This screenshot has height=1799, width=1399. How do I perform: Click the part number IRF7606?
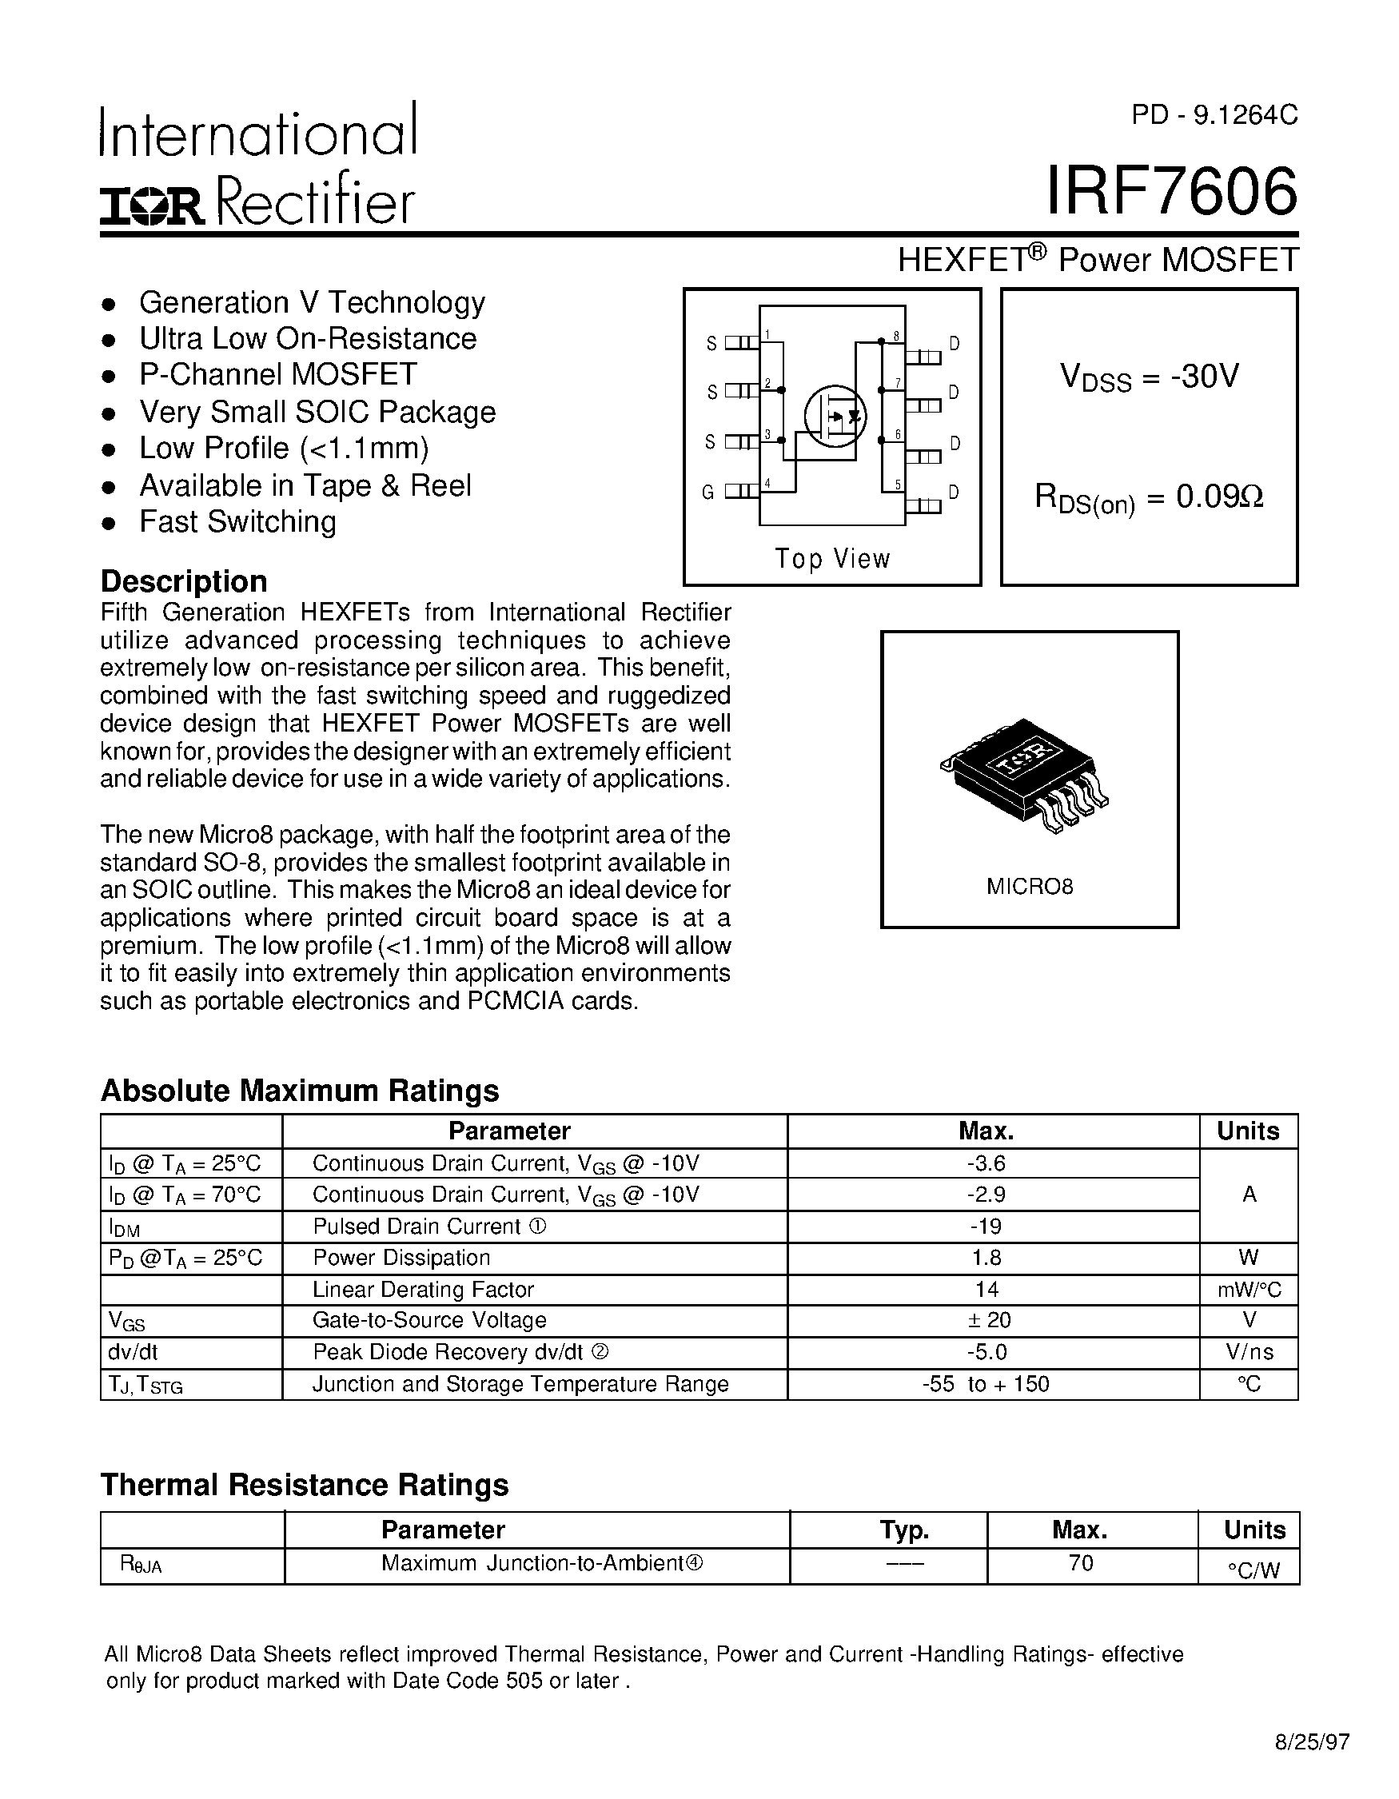click(x=1171, y=192)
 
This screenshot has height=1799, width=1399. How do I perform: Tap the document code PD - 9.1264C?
click(x=1214, y=115)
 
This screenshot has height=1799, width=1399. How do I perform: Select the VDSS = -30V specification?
click(x=1149, y=377)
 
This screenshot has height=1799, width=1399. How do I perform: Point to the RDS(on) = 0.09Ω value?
click(x=1149, y=497)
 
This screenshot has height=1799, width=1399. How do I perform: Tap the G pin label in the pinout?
click(x=707, y=493)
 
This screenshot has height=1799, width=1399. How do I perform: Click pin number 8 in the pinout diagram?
click(x=896, y=336)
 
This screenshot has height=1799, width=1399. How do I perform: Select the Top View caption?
click(x=832, y=558)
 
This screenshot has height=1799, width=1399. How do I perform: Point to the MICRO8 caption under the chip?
click(x=1030, y=888)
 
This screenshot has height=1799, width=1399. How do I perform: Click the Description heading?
click(x=184, y=581)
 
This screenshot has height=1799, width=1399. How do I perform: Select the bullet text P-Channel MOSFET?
click(x=278, y=375)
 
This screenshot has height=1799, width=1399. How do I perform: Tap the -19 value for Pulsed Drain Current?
click(x=986, y=1227)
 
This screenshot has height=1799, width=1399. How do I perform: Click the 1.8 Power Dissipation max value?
click(x=986, y=1258)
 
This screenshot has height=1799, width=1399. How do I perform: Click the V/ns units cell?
click(x=1249, y=1352)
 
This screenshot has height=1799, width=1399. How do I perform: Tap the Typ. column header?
click(x=904, y=1530)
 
